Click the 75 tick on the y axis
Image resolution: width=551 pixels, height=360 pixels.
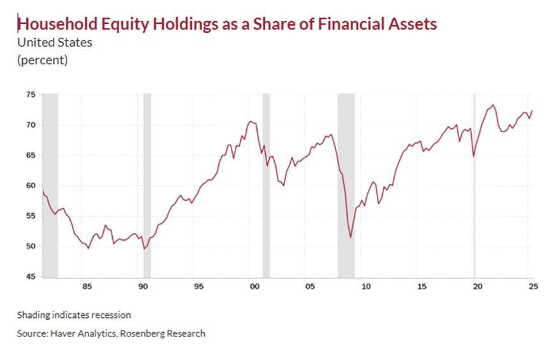(x=31, y=94)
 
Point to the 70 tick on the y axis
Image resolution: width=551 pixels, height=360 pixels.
(x=31, y=124)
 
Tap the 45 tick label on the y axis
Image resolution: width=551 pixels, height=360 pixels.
(x=31, y=276)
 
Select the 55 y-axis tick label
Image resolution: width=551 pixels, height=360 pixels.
(x=31, y=216)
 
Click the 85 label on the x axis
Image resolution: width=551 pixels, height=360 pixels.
(x=87, y=287)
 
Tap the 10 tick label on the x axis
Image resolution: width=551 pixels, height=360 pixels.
(x=365, y=287)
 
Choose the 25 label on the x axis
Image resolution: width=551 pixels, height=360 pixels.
(x=531, y=287)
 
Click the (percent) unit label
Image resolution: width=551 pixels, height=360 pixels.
(x=42, y=60)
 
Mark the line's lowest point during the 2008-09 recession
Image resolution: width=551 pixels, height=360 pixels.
(x=350, y=237)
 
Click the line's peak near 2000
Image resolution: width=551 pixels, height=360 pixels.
(x=249, y=121)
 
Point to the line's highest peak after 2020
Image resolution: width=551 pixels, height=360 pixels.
(x=493, y=105)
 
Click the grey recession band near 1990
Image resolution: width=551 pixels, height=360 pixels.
(x=147, y=185)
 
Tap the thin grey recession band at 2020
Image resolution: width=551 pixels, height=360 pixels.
(x=474, y=185)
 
